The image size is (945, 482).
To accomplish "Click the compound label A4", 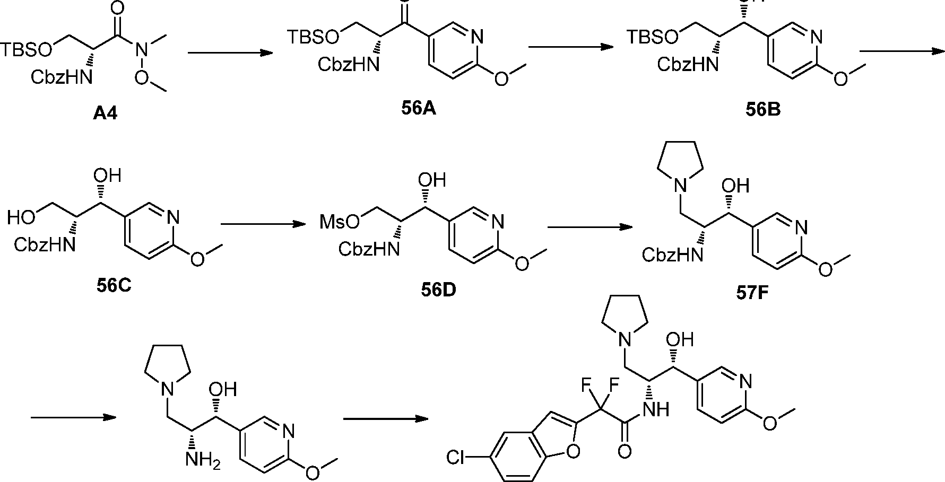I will point(105,113).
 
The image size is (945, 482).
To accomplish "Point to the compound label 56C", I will point(114,285).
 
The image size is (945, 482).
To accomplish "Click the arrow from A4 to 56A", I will point(230,52).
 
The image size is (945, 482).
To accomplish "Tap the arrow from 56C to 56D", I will point(264,224).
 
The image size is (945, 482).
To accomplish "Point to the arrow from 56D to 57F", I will point(589,227).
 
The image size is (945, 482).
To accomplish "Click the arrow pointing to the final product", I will point(386,419).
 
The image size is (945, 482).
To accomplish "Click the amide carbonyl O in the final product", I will point(625,452).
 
